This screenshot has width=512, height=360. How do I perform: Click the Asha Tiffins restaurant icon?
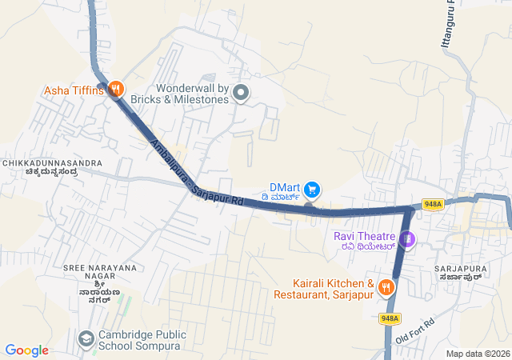coord(116,90)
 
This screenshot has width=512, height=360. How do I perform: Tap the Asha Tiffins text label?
coord(74,90)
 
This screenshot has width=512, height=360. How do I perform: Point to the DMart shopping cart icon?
coord(312,190)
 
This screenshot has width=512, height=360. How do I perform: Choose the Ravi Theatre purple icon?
coord(407,238)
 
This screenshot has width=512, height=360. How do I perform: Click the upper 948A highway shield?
coord(433,205)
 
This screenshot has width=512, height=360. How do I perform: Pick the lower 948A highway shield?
coord(390,318)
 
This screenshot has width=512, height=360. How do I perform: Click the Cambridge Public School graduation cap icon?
coord(85,339)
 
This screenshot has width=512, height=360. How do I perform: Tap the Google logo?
coord(26,350)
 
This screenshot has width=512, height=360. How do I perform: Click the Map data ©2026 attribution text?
coord(477,354)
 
